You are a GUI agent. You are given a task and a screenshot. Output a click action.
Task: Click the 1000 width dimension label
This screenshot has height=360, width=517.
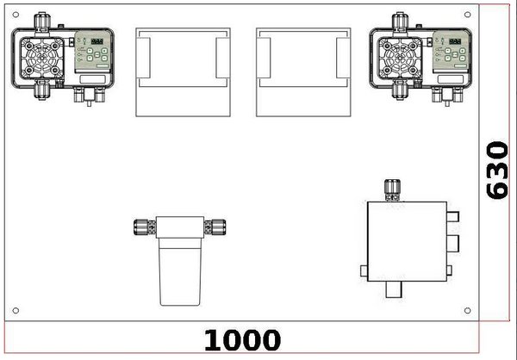243,340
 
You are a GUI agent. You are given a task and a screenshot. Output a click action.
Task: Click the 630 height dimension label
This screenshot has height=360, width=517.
497,171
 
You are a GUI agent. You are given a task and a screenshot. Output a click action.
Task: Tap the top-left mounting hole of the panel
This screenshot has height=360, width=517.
16,15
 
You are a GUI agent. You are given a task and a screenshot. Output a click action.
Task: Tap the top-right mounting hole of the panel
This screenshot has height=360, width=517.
467,15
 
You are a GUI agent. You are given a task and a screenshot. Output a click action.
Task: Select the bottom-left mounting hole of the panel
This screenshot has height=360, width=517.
16,310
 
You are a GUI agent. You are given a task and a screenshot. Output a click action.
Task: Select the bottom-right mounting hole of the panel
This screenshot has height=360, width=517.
467,310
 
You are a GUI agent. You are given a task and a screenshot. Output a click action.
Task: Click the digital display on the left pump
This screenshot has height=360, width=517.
97,41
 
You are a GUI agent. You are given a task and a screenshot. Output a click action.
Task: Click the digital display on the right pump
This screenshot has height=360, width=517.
455,41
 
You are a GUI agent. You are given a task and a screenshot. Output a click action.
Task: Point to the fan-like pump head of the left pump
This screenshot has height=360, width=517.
42,58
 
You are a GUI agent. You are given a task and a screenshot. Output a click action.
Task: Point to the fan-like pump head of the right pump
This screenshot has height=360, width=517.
400,58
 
